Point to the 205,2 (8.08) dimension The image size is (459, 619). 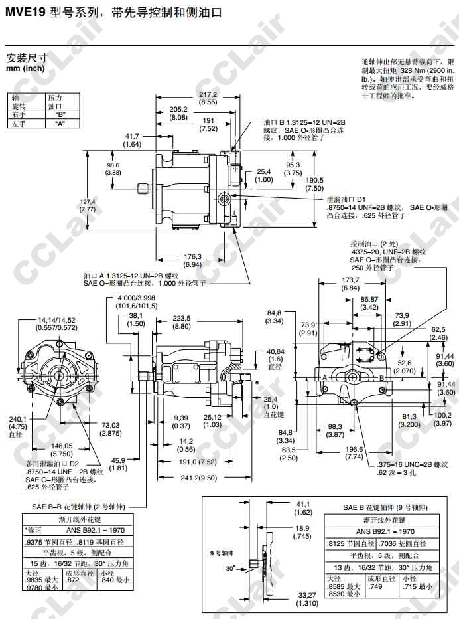tap(178, 113)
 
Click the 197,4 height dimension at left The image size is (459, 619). tap(88, 205)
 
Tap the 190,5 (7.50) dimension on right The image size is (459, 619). tap(314, 184)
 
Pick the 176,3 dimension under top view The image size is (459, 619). tap(192, 260)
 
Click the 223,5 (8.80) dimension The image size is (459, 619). tap(181, 322)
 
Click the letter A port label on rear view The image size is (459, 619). tap(326, 376)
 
